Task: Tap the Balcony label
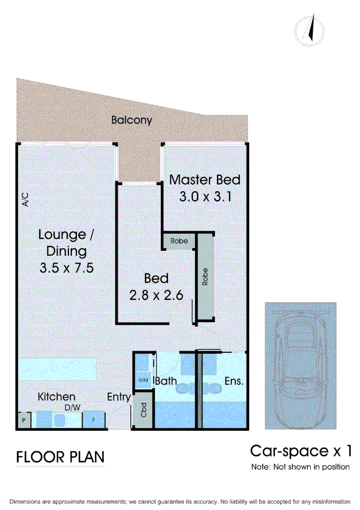coord(132,120)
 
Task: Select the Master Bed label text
coord(205,180)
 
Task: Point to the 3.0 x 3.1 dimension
coord(205,196)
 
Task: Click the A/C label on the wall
coord(25,200)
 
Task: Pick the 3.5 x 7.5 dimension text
coord(67,268)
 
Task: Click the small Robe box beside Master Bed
coord(179,241)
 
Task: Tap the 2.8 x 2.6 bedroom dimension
coord(156,295)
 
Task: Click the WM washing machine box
coord(143,380)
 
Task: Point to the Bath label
coord(166,381)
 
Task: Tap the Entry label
coord(119,397)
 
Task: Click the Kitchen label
coord(57,397)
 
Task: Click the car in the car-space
coord(301,365)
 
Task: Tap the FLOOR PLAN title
coord(60,457)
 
